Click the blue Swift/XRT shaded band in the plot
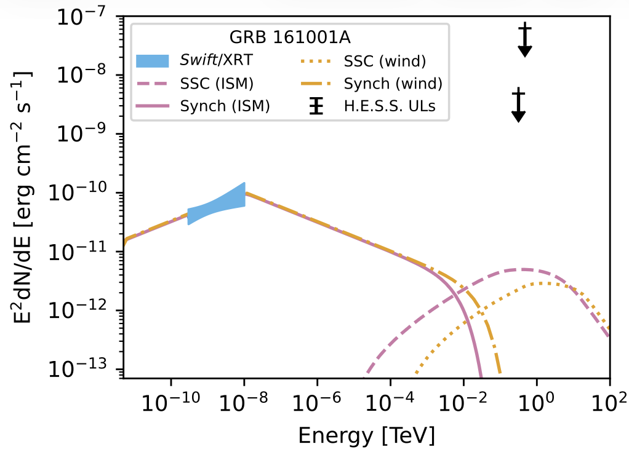217,205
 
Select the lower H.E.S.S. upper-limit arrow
519,106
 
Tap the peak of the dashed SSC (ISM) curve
523,269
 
